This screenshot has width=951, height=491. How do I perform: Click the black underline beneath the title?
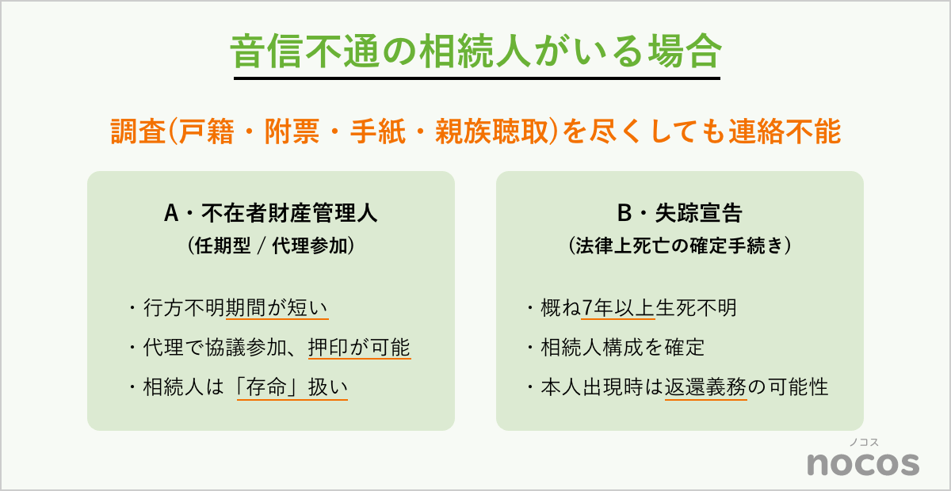coord(475,78)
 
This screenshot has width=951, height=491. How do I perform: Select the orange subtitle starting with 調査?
coord(475,132)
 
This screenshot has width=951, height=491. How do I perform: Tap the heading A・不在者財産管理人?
coord(270,213)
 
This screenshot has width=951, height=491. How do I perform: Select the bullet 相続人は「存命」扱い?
coord(237,388)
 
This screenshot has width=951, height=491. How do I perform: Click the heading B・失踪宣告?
coord(679,213)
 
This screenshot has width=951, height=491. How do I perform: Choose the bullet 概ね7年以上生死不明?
coord(631,308)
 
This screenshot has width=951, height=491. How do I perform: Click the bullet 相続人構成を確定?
coord(614,348)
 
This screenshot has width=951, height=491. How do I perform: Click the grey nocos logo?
coord(863,462)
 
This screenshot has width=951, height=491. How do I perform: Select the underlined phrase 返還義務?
coord(706,388)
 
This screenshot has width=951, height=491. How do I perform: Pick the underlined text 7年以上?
coord(618,308)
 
